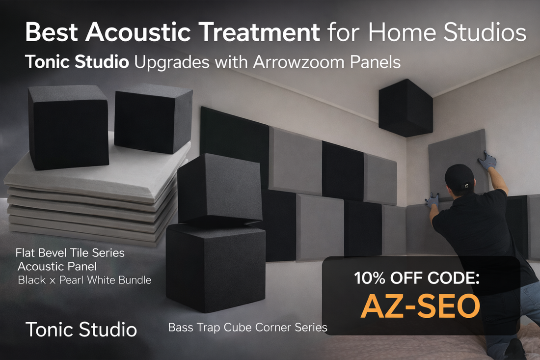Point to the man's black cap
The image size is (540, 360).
pos(459,176)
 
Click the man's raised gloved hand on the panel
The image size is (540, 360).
pos(488,161)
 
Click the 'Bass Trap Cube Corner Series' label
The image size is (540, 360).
pos(247,327)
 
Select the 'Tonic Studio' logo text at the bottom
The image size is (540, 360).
pos(81,329)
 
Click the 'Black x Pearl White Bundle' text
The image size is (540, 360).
pos(84,280)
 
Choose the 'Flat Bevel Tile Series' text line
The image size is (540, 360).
pos(70,253)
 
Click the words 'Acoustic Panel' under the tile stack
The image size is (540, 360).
pos(57,267)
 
